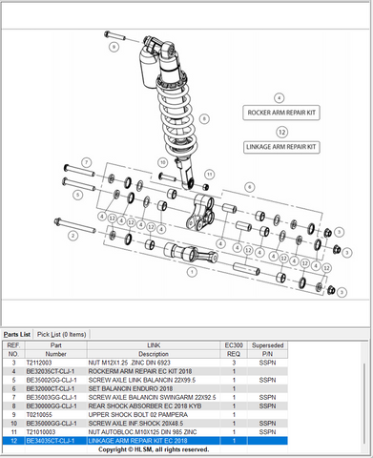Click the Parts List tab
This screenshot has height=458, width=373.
(17, 334)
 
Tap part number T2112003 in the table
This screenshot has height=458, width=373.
(39, 364)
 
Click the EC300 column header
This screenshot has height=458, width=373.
(234, 346)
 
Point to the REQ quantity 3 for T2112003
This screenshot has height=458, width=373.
(234, 364)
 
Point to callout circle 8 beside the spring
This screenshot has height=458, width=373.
(203, 119)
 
